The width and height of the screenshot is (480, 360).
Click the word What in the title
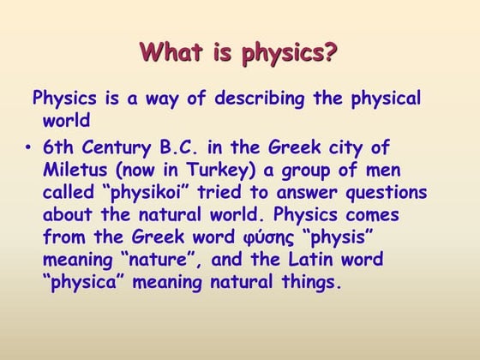[x=171, y=53]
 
